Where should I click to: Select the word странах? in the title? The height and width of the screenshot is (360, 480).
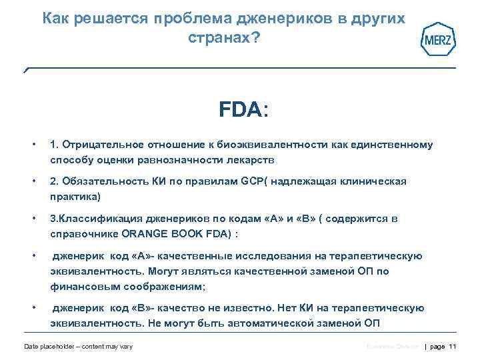pyautogui.click(x=224, y=39)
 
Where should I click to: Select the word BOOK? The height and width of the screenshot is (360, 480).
pyautogui.click(x=189, y=234)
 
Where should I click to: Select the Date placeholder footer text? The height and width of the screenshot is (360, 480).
pyautogui.click(x=78, y=346)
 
